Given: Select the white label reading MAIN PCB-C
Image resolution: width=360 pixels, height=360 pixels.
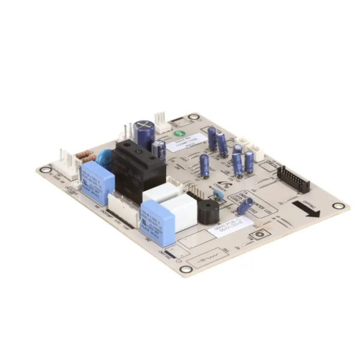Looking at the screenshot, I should [x=226, y=230].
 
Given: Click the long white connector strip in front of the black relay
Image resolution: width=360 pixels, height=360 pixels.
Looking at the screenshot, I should [x=123, y=208].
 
